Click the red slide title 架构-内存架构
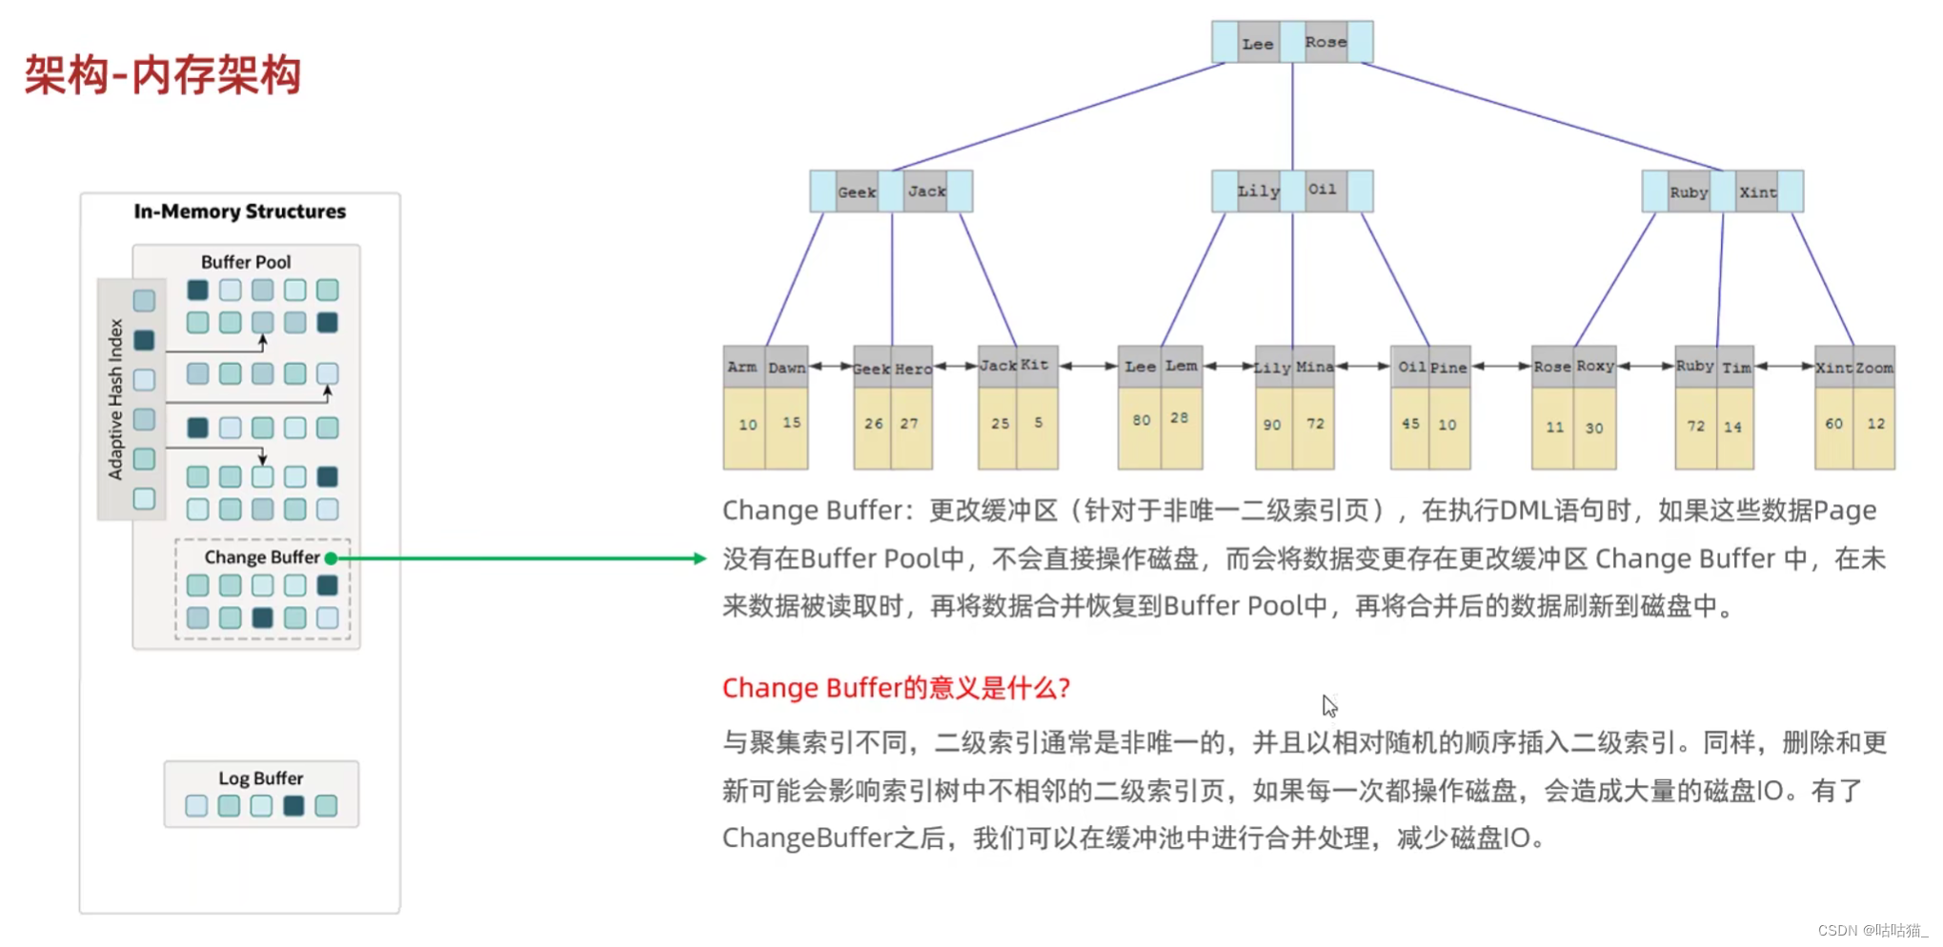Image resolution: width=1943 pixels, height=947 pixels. pyautogui.click(x=162, y=74)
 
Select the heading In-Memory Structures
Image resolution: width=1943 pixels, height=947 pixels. pyautogui.click(x=239, y=212)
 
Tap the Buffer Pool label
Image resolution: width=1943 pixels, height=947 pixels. pyautogui.click(x=246, y=262)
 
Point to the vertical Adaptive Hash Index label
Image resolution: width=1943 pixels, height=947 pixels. pyautogui.click(x=116, y=399)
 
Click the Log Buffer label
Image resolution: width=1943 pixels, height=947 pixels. pyautogui.click(x=260, y=778)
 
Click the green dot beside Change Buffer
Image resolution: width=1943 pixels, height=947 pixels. pyautogui.click(x=331, y=558)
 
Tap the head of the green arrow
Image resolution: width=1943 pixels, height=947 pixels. pyautogui.click(x=699, y=558)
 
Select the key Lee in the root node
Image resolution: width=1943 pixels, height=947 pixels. pyautogui.click(x=1257, y=44)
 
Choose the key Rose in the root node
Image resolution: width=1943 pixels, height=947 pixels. pyautogui.click(x=1326, y=42)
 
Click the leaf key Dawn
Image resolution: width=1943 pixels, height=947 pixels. pyautogui.click(x=786, y=368)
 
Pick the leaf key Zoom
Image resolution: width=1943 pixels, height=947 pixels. pyautogui.click(x=1874, y=368)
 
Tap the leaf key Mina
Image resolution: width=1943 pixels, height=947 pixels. pyautogui.click(x=1314, y=367)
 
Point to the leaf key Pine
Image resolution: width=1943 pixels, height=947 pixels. pyautogui.click(x=1448, y=368)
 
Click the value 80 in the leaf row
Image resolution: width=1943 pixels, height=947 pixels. pyautogui.click(x=1141, y=420)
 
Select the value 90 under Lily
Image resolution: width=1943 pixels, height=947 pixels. pyautogui.click(x=1272, y=425)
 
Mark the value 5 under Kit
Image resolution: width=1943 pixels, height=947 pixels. pyautogui.click(x=1038, y=422)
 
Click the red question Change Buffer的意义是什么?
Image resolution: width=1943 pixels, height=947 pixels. pyautogui.click(x=896, y=688)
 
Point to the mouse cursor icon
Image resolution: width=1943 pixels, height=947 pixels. pyautogui.click(x=1329, y=705)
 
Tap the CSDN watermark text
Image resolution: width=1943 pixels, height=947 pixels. pyautogui.click(x=1872, y=931)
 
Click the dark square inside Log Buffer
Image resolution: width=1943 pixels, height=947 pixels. pyautogui.click(x=293, y=806)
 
